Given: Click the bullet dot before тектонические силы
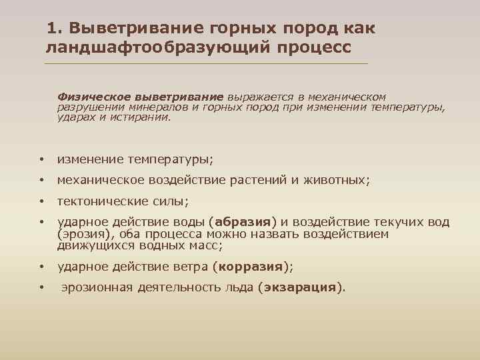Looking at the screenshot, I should (41, 201).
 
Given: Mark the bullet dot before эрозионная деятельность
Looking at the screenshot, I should (41, 289).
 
